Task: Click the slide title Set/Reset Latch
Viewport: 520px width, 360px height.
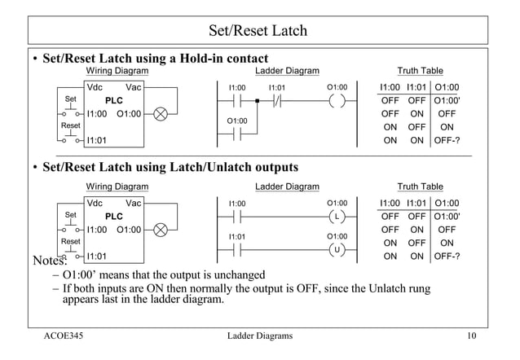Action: pyautogui.click(x=258, y=31)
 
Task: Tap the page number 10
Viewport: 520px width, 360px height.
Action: pyautogui.click(x=470, y=336)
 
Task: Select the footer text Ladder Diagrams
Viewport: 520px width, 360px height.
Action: pyautogui.click(x=260, y=336)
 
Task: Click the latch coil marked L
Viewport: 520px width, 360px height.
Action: pyautogui.click(x=337, y=217)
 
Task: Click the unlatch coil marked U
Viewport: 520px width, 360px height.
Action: pyautogui.click(x=337, y=249)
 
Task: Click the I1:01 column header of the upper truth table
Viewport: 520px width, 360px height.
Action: pyautogui.click(x=417, y=87)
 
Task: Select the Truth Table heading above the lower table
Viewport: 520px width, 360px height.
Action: pyautogui.click(x=420, y=187)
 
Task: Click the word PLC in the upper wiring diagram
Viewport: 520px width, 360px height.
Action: pyautogui.click(x=113, y=100)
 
